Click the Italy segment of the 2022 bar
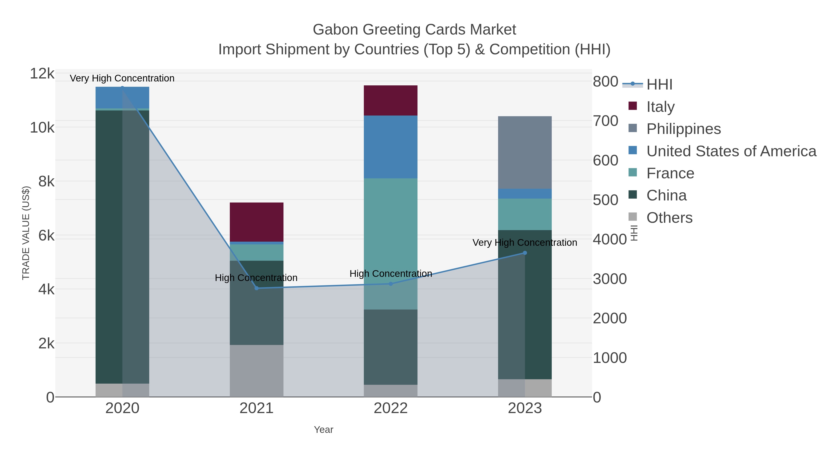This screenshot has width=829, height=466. (390, 100)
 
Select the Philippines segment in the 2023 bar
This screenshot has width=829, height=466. (525, 152)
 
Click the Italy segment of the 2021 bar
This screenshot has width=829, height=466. (257, 222)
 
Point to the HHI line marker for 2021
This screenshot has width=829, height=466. (257, 288)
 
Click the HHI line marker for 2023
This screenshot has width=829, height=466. (525, 253)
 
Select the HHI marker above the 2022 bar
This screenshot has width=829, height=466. (390, 284)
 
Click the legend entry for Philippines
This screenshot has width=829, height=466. (683, 129)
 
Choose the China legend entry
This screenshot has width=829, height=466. (666, 196)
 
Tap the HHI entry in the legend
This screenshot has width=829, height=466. (659, 85)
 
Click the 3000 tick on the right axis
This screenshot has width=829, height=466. (610, 279)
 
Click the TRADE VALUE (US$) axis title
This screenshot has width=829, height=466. (26, 233)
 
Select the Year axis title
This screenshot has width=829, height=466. (324, 430)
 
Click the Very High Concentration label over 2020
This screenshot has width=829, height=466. (122, 78)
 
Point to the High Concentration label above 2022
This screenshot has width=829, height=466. (390, 274)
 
